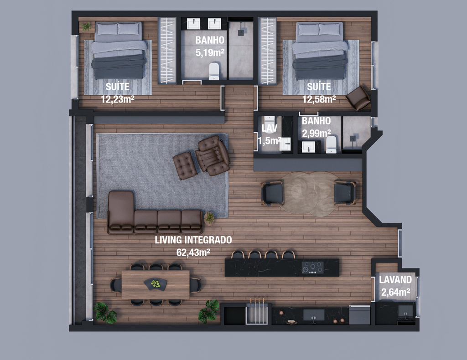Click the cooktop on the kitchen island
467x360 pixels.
click(312, 267)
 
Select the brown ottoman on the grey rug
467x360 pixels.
click(185, 165)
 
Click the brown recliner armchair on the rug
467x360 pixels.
click(213, 155)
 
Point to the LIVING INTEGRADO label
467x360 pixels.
click(193, 240)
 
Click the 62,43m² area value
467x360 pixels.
click(193, 252)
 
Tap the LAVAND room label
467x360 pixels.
click(395, 279)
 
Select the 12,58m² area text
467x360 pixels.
click(319, 99)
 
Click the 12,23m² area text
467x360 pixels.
click(118, 99)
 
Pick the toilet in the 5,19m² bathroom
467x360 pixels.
click(214, 72)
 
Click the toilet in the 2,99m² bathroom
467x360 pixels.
click(331, 144)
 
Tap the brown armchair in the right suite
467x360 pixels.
click(358, 98)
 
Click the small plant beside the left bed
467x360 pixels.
click(86, 26)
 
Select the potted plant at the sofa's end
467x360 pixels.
click(210, 218)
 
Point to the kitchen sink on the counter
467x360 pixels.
click(314, 315)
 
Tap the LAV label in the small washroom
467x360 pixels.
click(270, 128)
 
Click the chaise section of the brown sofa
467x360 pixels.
click(120, 212)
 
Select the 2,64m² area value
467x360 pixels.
click(395, 292)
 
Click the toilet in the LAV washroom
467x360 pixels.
click(269, 121)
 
